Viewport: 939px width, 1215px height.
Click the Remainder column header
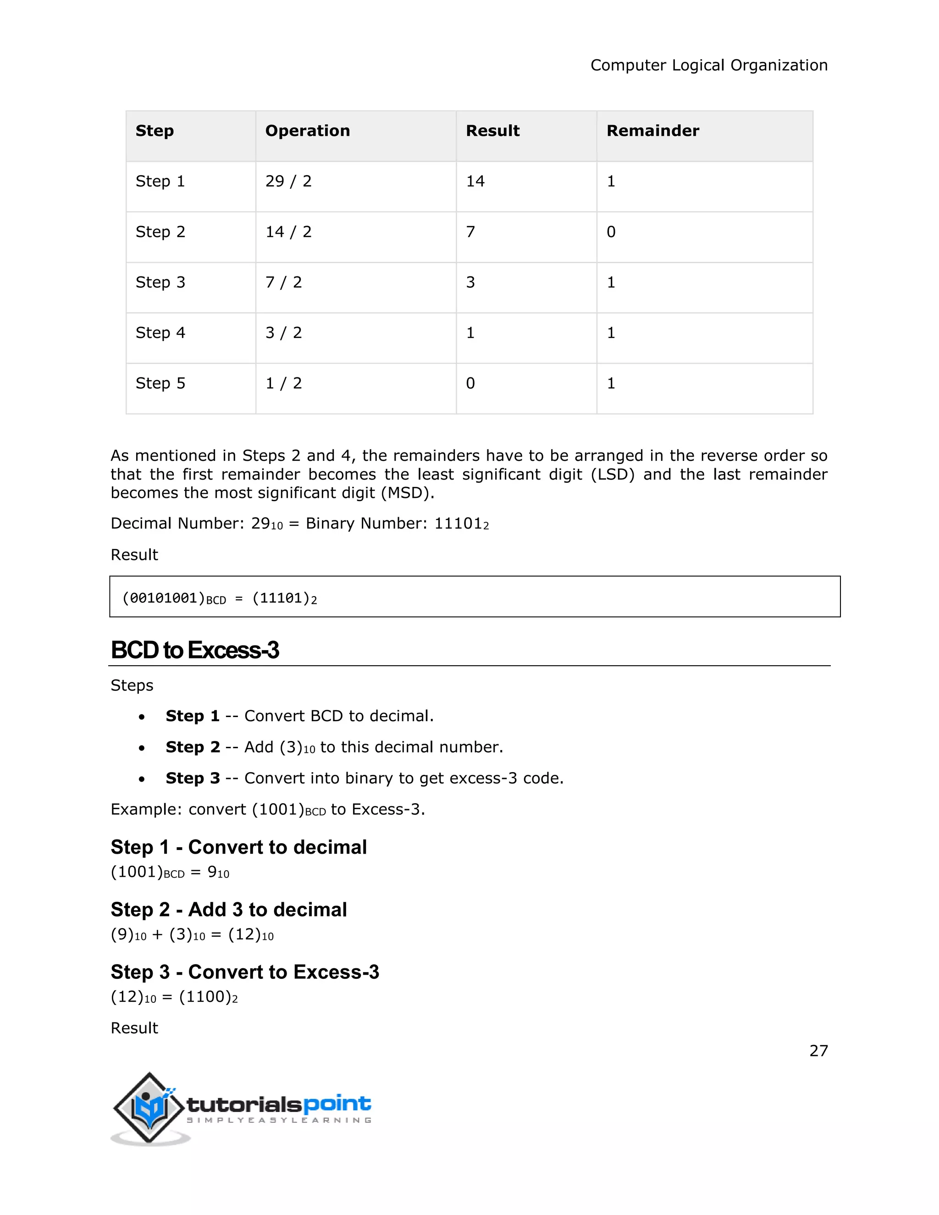click(652, 131)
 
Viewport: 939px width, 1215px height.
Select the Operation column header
click(307, 131)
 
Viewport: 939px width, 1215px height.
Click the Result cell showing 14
click(475, 182)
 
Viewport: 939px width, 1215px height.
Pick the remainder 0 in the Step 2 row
click(611, 232)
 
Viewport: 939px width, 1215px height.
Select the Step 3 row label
click(160, 282)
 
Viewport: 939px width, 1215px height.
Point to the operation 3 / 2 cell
click(283, 333)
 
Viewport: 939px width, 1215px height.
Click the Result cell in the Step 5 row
click(470, 383)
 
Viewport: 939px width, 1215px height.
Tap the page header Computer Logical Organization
click(709, 66)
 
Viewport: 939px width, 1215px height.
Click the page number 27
click(818, 1051)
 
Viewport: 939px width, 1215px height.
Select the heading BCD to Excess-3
click(195, 650)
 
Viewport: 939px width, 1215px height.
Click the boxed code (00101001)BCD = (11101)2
click(219, 598)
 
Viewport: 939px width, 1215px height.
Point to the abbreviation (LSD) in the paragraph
click(613, 475)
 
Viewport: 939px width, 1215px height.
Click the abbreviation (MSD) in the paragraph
click(407, 493)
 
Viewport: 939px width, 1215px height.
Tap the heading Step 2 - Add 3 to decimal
click(229, 910)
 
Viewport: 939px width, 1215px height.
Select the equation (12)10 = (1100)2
click(174, 997)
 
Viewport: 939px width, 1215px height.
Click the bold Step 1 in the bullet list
click(193, 716)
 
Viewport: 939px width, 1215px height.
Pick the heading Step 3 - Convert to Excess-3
click(245, 972)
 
